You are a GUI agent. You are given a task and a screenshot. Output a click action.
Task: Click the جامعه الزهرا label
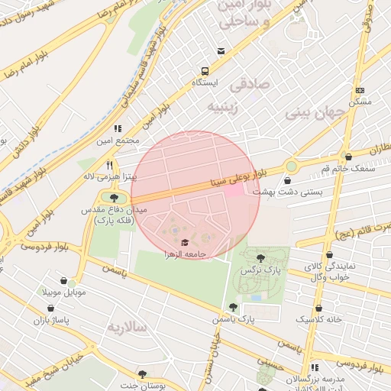(183, 253)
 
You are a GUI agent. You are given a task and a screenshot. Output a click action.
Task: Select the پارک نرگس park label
(262, 270)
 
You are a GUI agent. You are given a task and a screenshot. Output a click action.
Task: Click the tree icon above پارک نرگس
(262, 258)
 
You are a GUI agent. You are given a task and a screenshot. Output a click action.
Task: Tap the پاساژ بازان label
(50, 320)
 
